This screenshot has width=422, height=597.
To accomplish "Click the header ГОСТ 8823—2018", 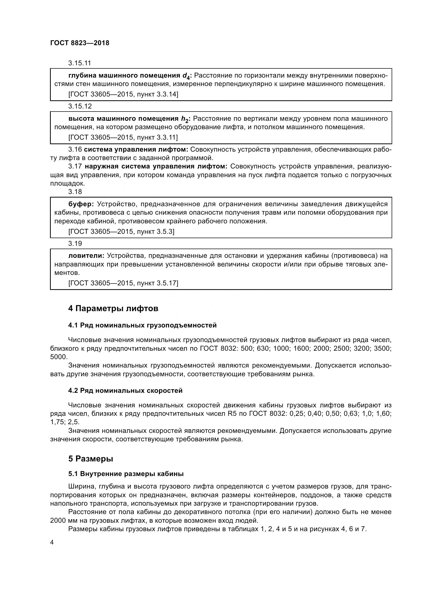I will (x=80, y=43).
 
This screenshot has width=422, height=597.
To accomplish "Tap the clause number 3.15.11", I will (x=80, y=63).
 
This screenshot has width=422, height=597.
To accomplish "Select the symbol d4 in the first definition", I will (x=186, y=76).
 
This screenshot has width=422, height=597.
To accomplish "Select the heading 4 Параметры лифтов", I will (x=113, y=309).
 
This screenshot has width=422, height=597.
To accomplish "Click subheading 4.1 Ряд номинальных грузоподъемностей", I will (x=142, y=325).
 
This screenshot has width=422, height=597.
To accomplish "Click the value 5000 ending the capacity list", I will (x=58, y=357).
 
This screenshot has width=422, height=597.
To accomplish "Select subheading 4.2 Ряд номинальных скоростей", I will (x=125, y=391).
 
